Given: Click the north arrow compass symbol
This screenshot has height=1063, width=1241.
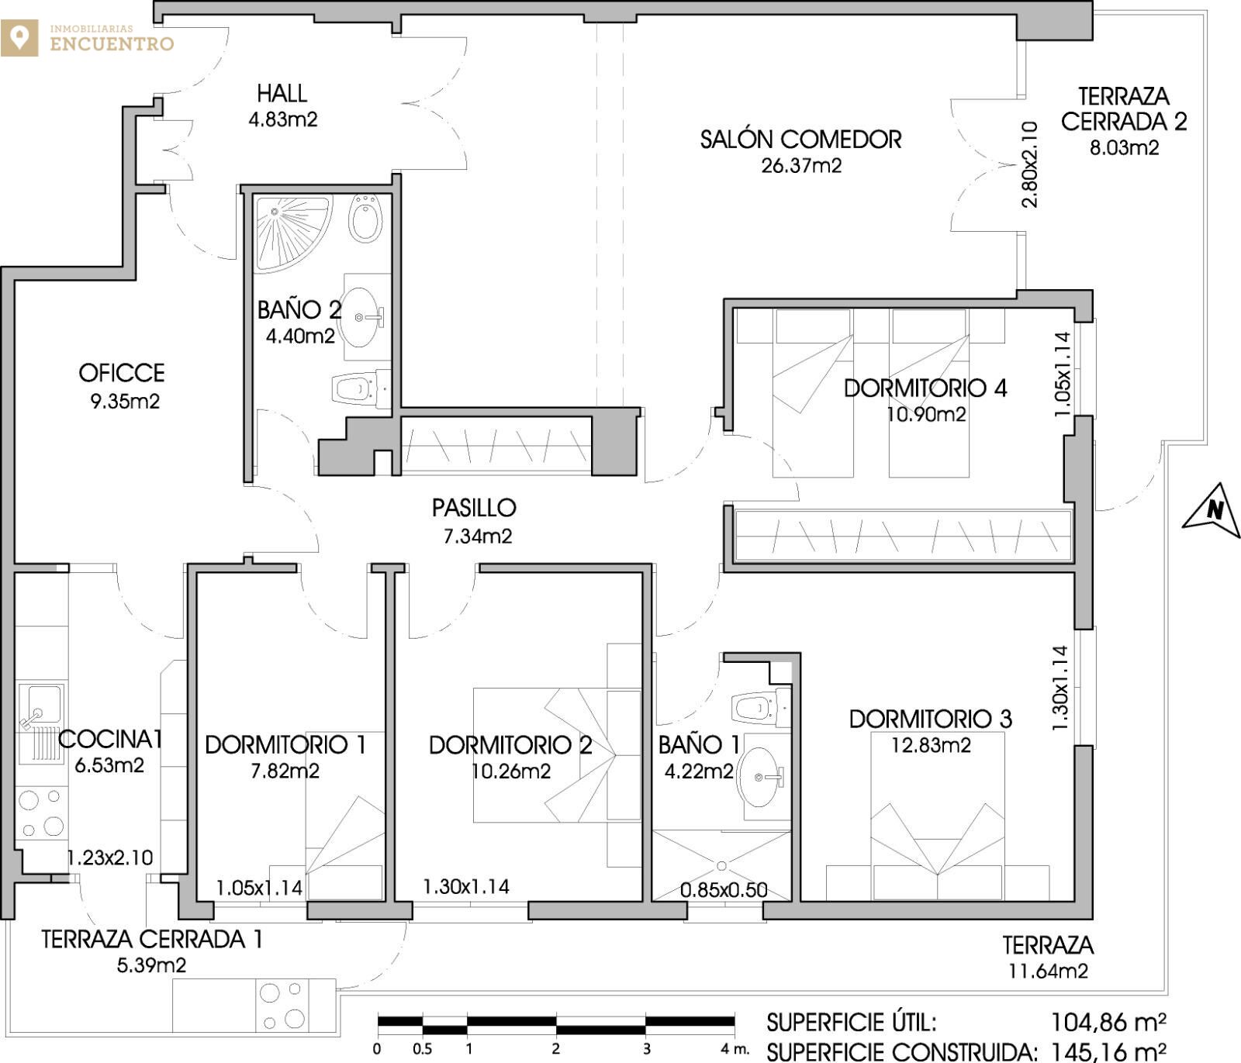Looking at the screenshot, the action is click(1212, 510).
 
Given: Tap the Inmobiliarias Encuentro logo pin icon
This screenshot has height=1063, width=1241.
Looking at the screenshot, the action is click(19, 38).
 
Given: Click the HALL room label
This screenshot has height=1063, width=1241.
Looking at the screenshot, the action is click(282, 94).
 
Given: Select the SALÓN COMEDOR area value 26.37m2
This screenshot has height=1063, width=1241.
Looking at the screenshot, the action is click(801, 165).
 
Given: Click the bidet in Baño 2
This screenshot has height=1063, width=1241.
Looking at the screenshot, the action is click(365, 217).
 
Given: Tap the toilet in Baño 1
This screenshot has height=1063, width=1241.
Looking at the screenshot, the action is click(759, 707).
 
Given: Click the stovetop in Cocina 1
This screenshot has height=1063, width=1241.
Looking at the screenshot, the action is click(42, 813).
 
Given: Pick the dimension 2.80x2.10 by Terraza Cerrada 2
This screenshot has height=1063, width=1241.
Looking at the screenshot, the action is click(1029, 164).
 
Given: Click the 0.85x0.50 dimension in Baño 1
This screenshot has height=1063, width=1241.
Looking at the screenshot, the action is click(724, 889).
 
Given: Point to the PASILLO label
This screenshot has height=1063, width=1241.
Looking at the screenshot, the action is click(474, 508).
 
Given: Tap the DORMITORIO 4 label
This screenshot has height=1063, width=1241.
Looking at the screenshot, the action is click(925, 388).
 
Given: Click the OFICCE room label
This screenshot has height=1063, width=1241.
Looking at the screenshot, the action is click(122, 373).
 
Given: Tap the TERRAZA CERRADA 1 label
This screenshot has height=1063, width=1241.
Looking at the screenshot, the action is click(152, 940).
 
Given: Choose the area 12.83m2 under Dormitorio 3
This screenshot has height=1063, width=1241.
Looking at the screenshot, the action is click(931, 745).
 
